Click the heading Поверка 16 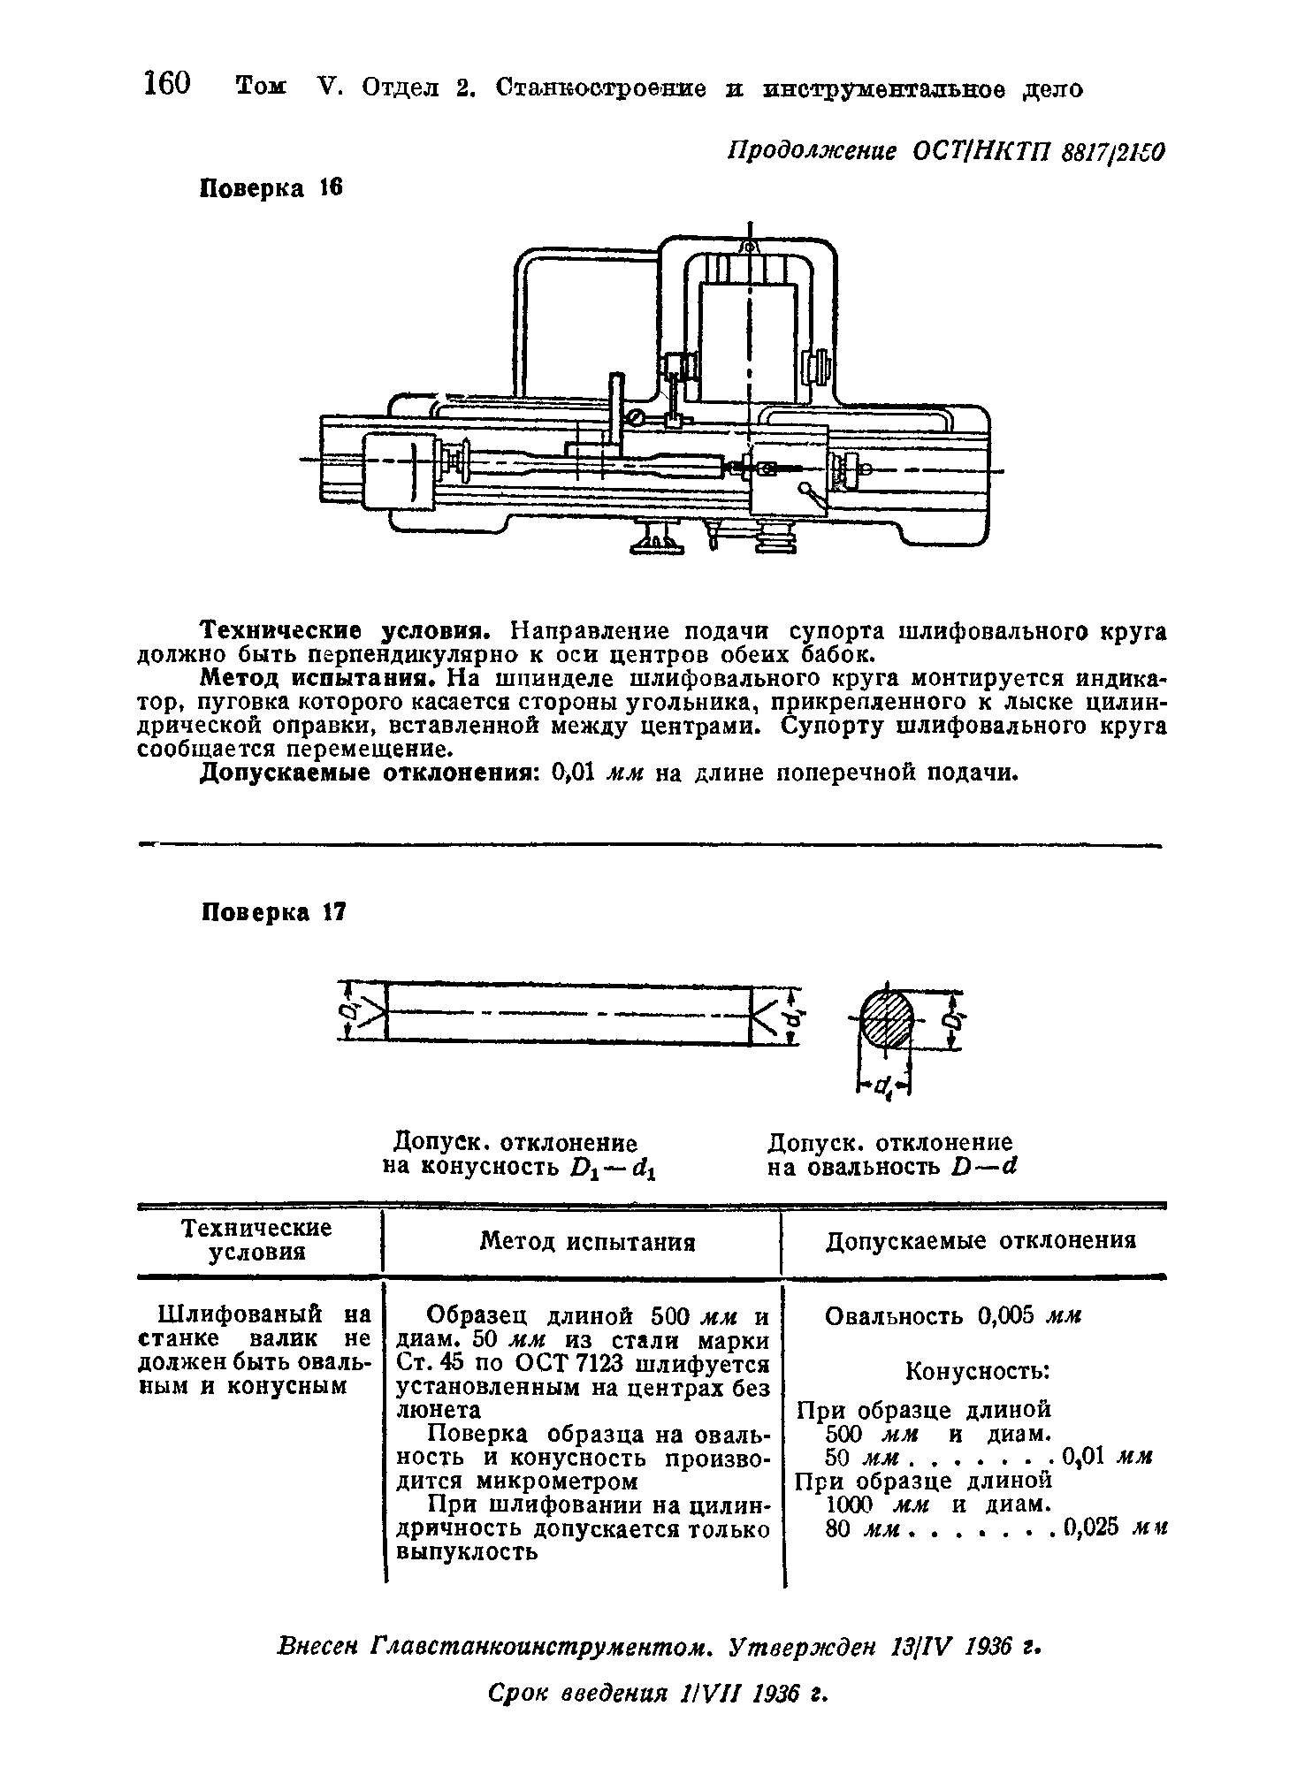(x=271, y=188)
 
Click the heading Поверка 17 (x=272, y=912)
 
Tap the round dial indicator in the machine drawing (x=634, y=418)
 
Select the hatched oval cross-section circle (x=887, y=1019)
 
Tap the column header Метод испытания (x=587, y=1242)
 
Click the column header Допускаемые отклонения (x=981, y=1241)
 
